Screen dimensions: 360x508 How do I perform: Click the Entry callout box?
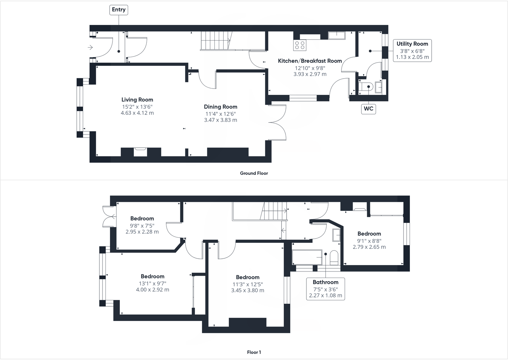click(119, 10)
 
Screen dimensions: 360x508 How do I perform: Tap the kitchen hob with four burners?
click(300, 45)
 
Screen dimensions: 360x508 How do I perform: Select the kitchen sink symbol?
click(337, 35)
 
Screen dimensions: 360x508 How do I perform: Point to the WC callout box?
click(368, 109)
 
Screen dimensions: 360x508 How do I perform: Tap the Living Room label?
click(137, 100)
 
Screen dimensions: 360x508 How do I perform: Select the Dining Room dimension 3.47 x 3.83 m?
click(220, 120)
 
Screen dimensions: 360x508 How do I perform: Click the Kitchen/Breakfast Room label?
click(310, 61)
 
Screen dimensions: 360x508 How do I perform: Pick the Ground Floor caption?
click(254, 173)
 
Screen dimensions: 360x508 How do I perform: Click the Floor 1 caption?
click(254, 352)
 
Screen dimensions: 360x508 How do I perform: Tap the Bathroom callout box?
click(325, 288)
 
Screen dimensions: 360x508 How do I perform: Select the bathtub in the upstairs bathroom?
click(307, 257)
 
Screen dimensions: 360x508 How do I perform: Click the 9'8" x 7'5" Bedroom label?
click(142, 218)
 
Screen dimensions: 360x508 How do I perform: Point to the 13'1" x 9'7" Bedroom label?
click(152, 276)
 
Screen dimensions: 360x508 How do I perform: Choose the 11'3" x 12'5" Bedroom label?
click(248, 277)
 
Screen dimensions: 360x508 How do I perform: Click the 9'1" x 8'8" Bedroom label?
click(369, 234)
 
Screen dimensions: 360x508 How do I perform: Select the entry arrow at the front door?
click(90, 48)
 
